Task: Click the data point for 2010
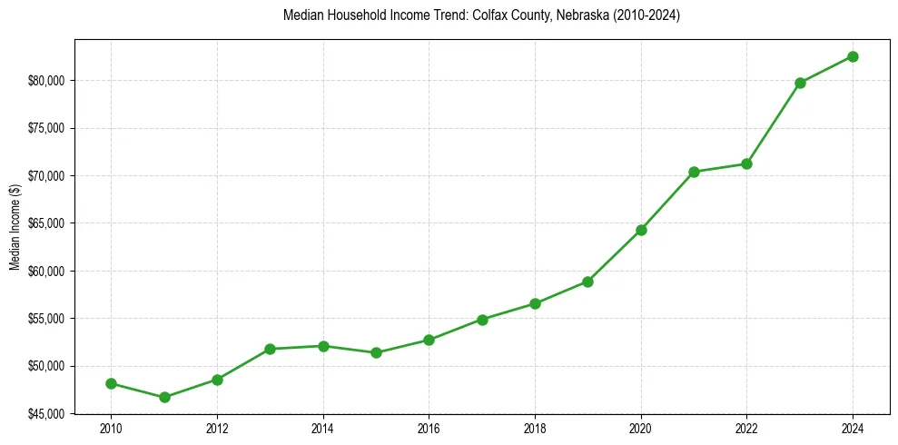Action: (x=111, y=383)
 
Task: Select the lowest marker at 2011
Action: (x=164, y=397)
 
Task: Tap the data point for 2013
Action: (x=271, y=349)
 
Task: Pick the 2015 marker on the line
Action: (x=376, y=352)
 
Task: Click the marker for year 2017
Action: (x=482, y=320)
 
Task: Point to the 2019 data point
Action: (x=588, y=282)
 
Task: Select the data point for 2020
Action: (x=641, y=230)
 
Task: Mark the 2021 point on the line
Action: (x=694, y=172)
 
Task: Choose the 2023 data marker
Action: (x=800, y=83)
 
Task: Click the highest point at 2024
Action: (x=853, y=56)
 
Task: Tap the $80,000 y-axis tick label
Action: (x=48, y=80)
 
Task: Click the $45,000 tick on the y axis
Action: (x=48, y=414)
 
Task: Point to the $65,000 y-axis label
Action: (x=48, y=223)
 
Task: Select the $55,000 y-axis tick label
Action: (x=48, y=319)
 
